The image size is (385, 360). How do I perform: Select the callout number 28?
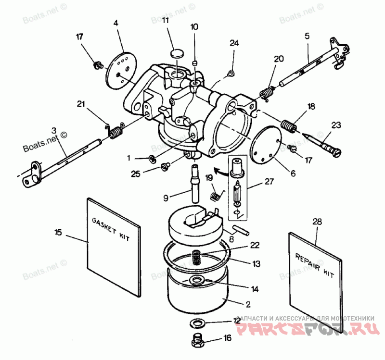click(317, 221)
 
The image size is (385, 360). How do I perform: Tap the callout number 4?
click(116, 23)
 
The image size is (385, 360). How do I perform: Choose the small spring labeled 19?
click(217, 195)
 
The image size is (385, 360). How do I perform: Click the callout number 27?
click(268, 183)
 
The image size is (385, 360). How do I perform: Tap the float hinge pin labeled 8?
click(240, 227)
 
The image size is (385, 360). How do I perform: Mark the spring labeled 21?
click(115, 132)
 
